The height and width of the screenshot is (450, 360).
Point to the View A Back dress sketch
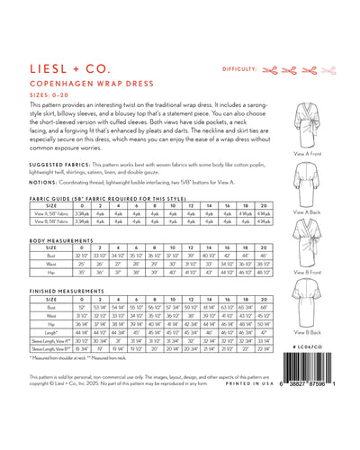[309, 179]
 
